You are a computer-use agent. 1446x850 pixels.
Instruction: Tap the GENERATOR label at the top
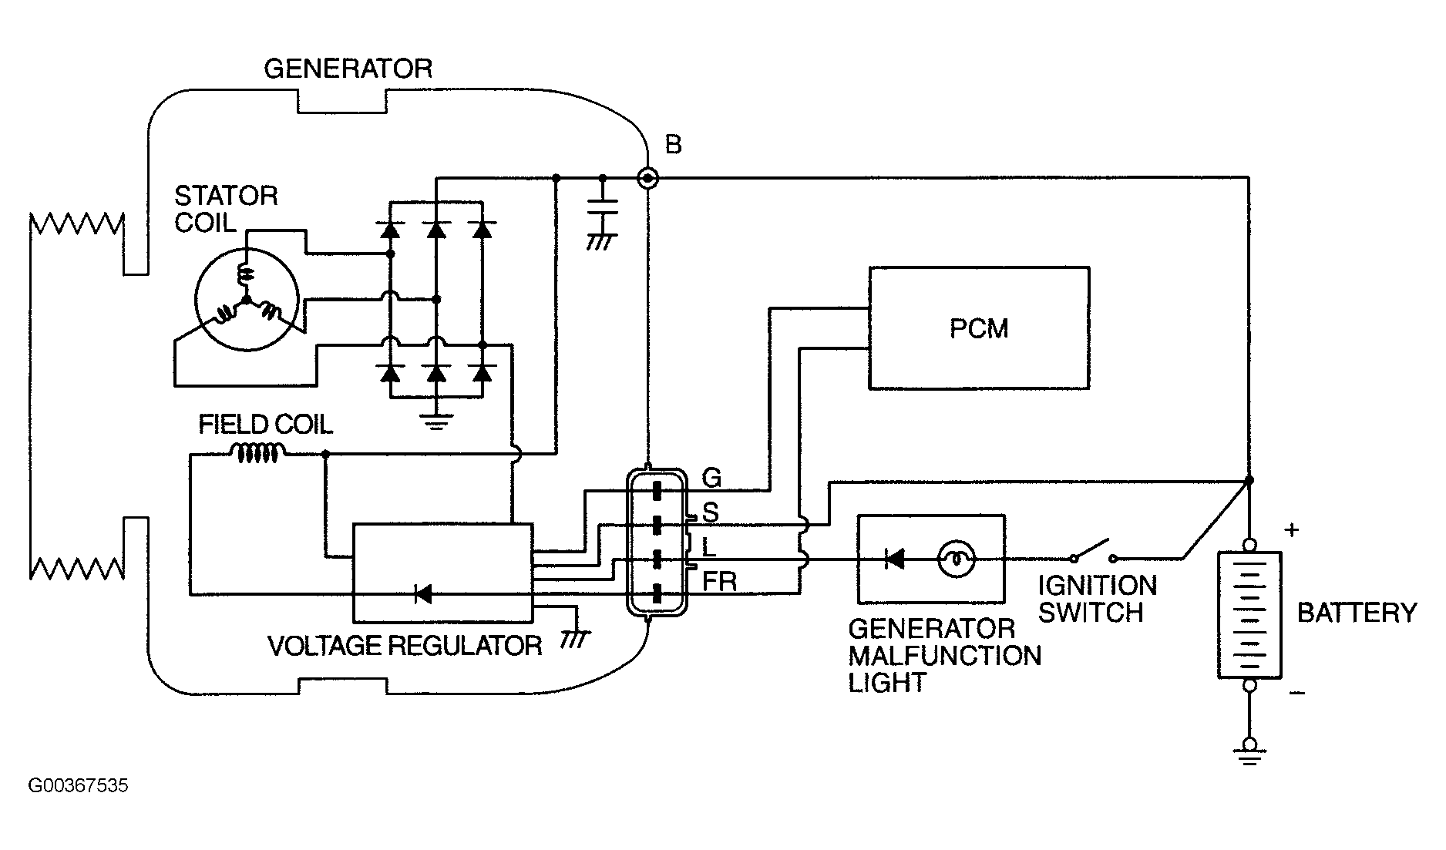pos(348,69)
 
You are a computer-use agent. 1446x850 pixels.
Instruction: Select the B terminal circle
pos(648,179)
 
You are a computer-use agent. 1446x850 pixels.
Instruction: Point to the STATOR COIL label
pos(226,209)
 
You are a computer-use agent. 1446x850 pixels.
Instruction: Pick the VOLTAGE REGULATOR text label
pos(405,645)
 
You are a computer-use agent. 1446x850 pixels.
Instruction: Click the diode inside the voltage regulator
pos(422,593)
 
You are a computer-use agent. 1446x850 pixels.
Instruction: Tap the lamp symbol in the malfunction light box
pos(956,559)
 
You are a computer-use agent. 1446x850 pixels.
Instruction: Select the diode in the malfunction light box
pos(894,559)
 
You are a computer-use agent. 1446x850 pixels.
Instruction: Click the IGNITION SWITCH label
pos(1097,599)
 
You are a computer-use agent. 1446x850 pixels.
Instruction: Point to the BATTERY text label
pos(1357,613)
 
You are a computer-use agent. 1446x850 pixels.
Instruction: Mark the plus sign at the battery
pos(1293,529)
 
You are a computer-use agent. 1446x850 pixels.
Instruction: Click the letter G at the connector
pos(711,479)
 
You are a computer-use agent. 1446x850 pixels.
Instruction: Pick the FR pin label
pos(719,581)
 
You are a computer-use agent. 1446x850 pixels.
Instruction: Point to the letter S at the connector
pos(710,512)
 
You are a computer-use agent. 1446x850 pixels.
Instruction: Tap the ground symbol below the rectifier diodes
pos(436,421)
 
